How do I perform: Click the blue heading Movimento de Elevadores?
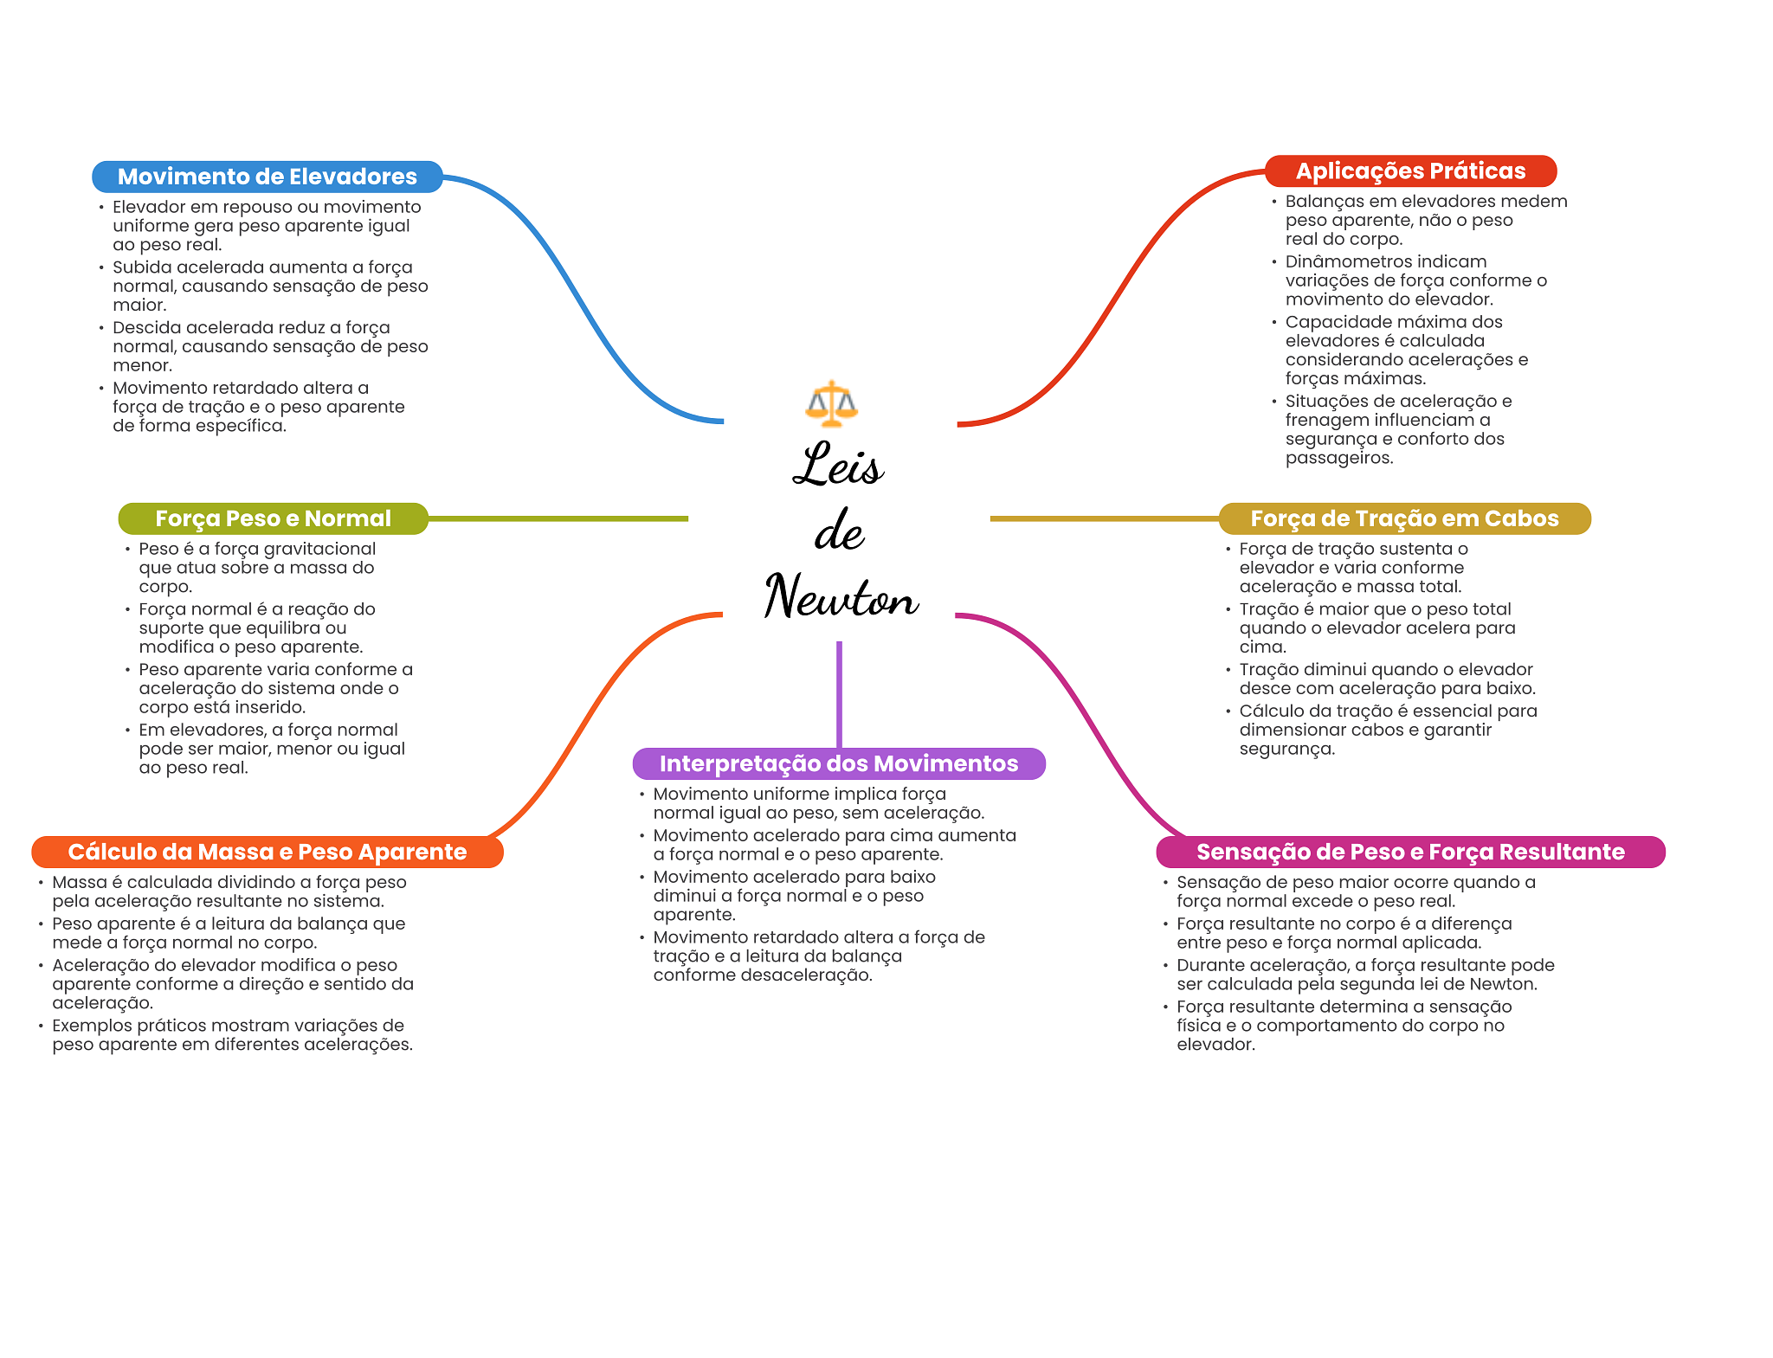click(268, 177)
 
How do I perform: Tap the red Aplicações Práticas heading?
click(1410, 171)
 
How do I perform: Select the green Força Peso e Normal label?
click(274, 518)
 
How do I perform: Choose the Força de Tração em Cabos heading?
click(1404, 518)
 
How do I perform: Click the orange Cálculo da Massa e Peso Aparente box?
click(268, 852)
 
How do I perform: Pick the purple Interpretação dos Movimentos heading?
click(839, 763)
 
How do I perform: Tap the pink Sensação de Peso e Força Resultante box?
click(1410, 852)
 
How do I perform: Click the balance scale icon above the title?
click(831, 403)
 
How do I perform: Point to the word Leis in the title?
click(837, 464)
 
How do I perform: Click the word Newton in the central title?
click(841, 595)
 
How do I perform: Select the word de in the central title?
click(839, 530)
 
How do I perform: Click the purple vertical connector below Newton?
click(839, 694)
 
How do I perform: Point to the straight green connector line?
click(558, 518)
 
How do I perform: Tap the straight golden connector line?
click(1105, 518)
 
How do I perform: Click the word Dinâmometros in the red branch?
click(1343, 261)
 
